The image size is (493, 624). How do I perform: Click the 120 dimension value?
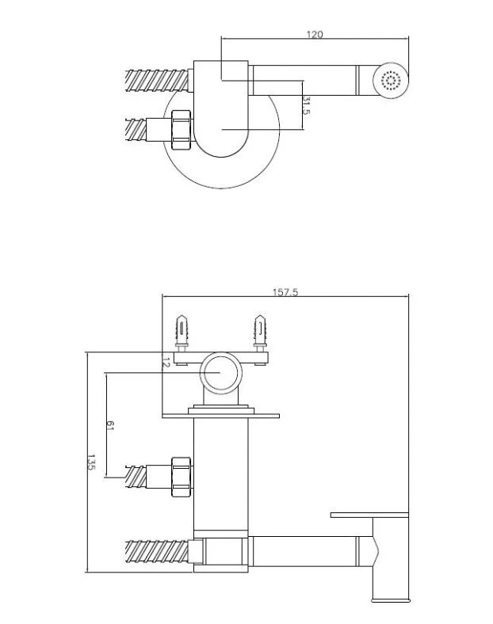(315, 35)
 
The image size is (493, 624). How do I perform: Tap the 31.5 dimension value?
(306, 105)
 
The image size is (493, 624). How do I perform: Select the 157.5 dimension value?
(285, 292)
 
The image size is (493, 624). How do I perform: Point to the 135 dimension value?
(91, 462)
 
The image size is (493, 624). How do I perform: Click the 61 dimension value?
(110, 426)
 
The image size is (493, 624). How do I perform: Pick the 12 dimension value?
(166, 363)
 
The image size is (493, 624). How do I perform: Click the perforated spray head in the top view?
(391, 80)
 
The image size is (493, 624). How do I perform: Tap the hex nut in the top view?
(182, 129)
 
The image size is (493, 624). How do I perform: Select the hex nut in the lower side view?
(182, 477)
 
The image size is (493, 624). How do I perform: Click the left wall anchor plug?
(182, 333)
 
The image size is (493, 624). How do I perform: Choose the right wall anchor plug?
(260, 333)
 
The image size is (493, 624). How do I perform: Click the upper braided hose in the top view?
(156, 81)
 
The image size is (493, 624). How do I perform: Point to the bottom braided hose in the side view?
(156, 551)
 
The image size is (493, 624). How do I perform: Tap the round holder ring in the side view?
(221, 354)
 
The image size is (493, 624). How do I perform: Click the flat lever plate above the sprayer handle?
(369, 515)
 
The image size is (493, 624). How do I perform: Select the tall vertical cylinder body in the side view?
(221, 474)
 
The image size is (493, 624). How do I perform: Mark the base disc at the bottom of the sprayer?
(390, 599)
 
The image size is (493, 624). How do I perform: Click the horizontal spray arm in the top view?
(304, 81)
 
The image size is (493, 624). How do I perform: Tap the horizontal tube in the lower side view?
(304, 551)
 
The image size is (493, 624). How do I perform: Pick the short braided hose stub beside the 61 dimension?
(136, 477)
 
